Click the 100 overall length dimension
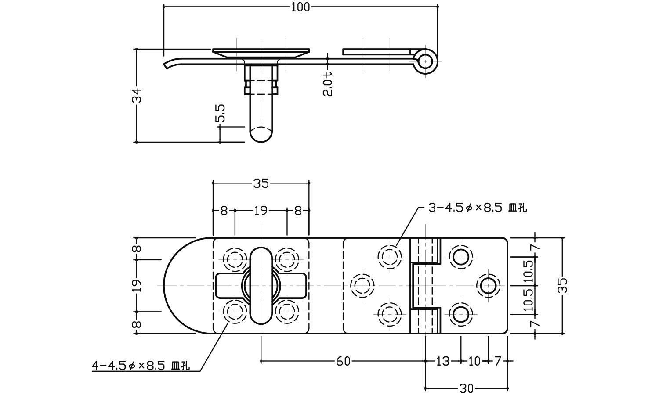point(301,7)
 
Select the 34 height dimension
point(138,95)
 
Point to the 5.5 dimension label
point(220,113)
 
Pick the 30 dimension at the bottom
point(467,388)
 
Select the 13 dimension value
point(443,361)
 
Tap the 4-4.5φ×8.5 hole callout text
point(141,366)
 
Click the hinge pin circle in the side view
point(425,61)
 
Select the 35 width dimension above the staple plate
point(261,183)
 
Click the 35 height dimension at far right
point(564,285)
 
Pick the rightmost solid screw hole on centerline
point(488,286)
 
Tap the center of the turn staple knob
point(261,286)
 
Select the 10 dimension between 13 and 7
point(474,361)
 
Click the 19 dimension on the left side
point(138,286)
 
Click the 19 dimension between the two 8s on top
point(261,211)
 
